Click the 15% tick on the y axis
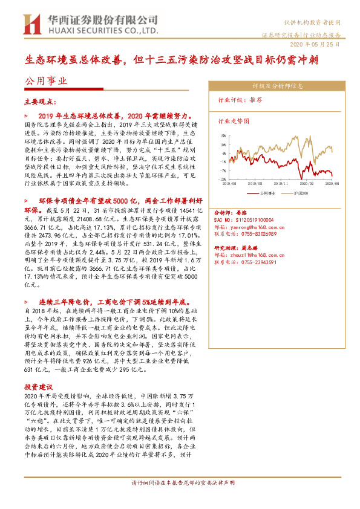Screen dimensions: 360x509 (x=223, y=136)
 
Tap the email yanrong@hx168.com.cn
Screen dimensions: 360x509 (x=255, y=227)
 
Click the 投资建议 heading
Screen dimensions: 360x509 (x=38, y=386)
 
